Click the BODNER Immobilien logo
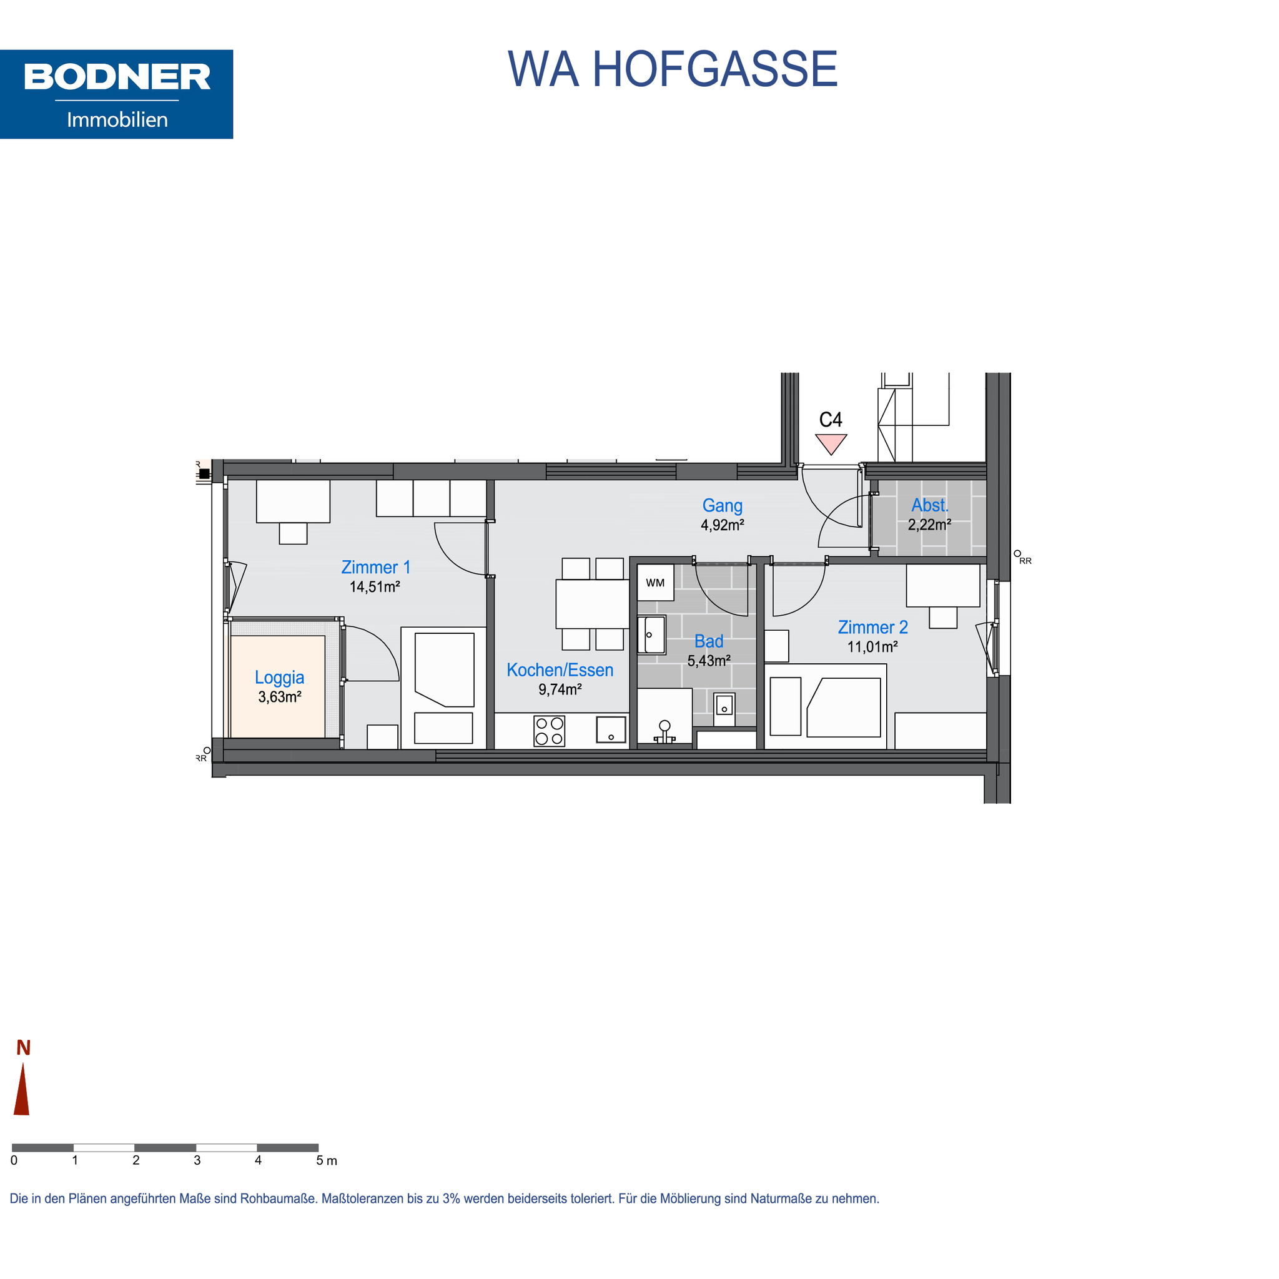click(117, 94)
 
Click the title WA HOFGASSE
click(673, 69)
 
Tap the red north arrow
click(22, 1089)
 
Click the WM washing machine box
click(655, 583)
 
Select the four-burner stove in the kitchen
click(550, 731)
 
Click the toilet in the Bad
click(664, 732)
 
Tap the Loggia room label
click(279, 677)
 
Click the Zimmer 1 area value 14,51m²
click(375, 586)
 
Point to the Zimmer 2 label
click(872, 627)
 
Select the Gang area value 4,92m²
click(723, 525)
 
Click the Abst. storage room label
click(929, 505)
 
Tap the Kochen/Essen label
click(560, 670)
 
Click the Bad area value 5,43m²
click(709, 661)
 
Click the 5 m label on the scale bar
click(327, 1160)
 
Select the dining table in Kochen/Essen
click(592, 604)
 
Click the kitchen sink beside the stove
click(611, 729)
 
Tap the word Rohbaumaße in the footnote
click(277, 1199)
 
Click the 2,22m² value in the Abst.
click(929, 525)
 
